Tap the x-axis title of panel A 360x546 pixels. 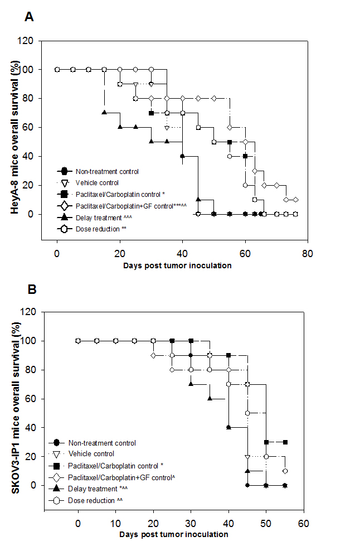(178, 265)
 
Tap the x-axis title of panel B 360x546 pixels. (173, 534)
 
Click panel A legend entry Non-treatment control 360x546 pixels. (107, 171)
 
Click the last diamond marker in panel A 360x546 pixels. (295, 200)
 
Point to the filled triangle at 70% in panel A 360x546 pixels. (104, 113)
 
